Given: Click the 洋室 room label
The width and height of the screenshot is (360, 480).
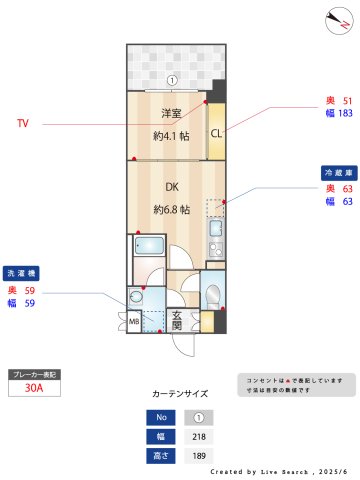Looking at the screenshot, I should click(164, 114).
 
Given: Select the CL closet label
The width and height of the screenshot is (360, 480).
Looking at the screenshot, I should click(215, 134).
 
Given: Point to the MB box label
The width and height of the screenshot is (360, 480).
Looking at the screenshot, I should click(134, 322).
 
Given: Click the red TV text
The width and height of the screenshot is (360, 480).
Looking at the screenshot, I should click(23, 124).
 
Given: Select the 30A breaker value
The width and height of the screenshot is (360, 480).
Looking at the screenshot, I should click(34, 389).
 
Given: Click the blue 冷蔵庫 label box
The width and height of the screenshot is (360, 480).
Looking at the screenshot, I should click(335, 172).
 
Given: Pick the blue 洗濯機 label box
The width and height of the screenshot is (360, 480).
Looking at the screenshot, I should click(21, 272).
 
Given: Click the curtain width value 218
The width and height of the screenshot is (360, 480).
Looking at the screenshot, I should click(198, 436).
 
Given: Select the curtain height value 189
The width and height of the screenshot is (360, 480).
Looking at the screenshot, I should click(198, 455).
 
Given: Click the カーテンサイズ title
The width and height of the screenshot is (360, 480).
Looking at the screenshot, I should click(180, 394).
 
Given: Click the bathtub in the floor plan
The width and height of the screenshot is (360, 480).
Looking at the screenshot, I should click(148, 247).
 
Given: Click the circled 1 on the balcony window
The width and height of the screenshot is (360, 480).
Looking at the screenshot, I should click(172, 80).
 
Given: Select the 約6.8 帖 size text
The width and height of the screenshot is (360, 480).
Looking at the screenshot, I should click(172, 210).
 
